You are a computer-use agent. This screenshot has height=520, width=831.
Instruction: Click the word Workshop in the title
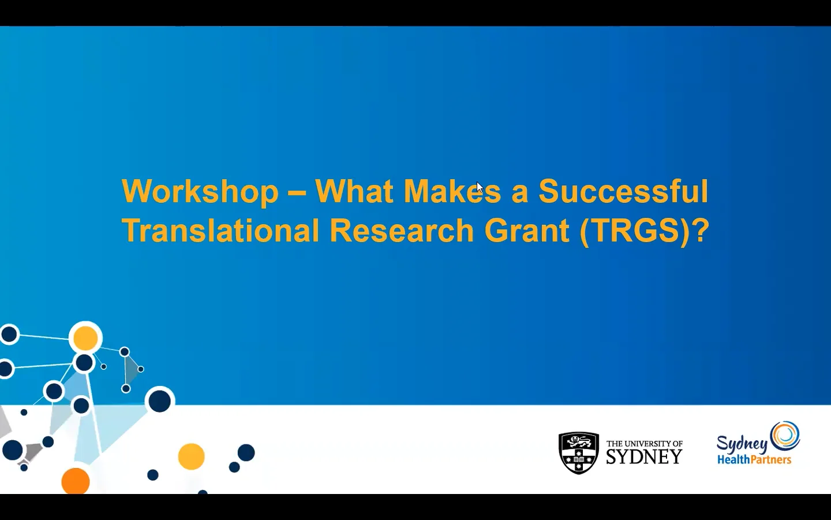click(x=200, y=192)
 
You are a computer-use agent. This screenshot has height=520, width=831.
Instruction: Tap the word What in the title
click(x=354, y=192)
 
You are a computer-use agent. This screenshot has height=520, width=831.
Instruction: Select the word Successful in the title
click(x=623, y=192)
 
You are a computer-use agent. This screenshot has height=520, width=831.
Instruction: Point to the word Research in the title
click(x=402, y=231)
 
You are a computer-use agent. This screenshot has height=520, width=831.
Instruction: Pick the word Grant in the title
click(x=526, y=231)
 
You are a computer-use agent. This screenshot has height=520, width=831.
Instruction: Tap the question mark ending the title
click(x=700, y=231)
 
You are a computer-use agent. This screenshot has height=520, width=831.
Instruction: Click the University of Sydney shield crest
click(x=579, y=453)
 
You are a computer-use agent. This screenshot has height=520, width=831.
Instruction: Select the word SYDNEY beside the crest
click(x=644, y=457)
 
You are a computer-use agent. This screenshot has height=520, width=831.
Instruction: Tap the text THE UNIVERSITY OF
click(x=644, y=444)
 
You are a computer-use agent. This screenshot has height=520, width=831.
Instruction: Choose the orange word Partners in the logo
click(x=771, y=460)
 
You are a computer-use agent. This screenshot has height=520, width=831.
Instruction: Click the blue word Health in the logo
click(x=733, y=460)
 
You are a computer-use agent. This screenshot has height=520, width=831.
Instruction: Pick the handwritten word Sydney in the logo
click(x=742, y=444)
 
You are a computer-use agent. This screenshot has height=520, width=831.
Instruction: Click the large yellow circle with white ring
click(x=85, y=338)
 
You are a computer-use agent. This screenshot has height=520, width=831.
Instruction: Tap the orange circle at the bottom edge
click(x=76, y=481)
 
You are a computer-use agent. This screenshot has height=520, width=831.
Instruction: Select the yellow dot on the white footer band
click(x=191, y=456)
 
